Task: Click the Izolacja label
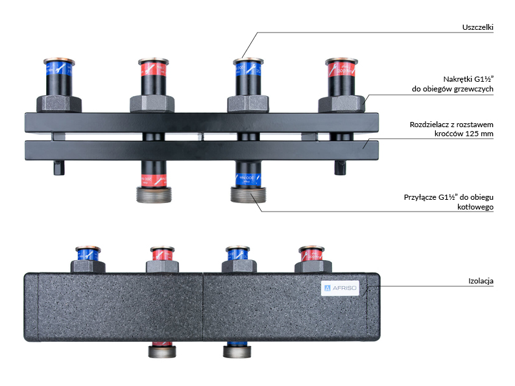coord(481,281)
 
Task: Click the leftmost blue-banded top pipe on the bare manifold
coord(58,77)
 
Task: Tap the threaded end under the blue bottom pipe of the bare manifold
coord(247,195)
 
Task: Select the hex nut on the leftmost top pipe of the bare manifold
coord(58,104)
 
